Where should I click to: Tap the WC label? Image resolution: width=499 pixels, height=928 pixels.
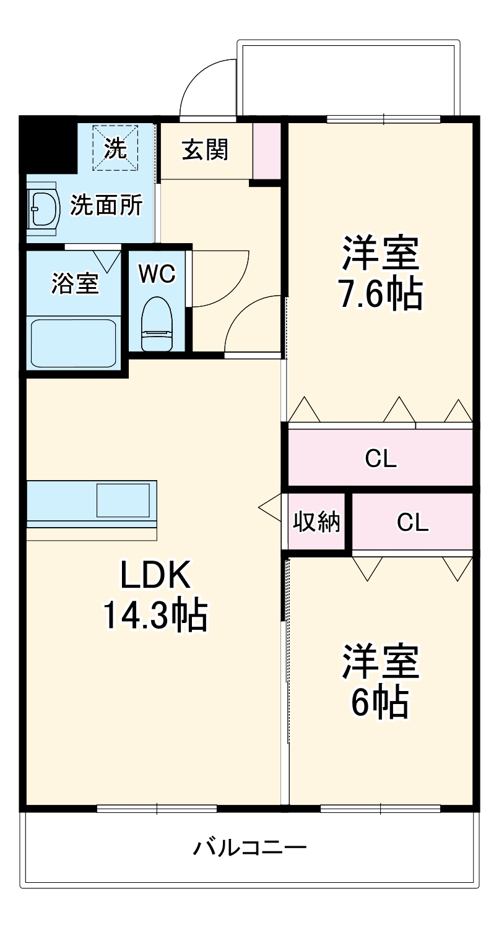pyautogui.click(x=157, y=273)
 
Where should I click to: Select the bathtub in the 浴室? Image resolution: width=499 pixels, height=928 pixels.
pyautogui.click(x=74, y=343)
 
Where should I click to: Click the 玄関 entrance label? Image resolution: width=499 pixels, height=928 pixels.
pyautogui.click(x=204, y=149)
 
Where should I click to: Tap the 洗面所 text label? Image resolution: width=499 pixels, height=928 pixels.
pyautogui.click(x=106, y=205)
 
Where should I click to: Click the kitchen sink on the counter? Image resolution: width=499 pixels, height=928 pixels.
pyautogui.click(x=123, y=500)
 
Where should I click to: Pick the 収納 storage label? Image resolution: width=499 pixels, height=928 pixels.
pyautogui.click(x=316, y=522)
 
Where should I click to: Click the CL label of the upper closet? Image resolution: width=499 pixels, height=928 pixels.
pyautogui.click(x=380, y=458)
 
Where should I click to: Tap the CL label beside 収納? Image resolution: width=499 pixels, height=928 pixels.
pyautogui.click(x=412, y=523)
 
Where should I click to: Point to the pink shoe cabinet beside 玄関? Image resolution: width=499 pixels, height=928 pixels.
pyautogui.click(x=267, y=151)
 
